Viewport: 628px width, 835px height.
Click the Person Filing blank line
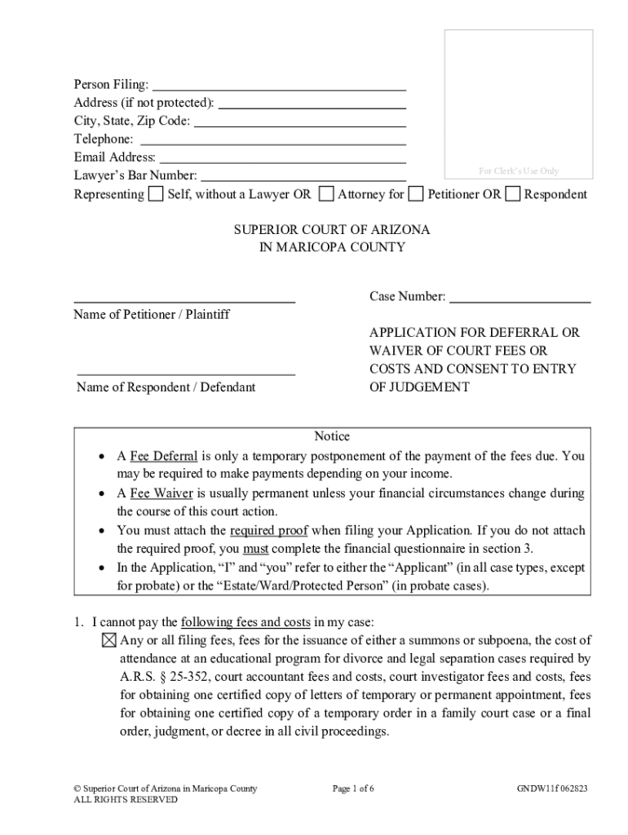(x=279, y=86)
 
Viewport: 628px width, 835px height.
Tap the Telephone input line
(x=273, y=141)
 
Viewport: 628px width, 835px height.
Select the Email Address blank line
(x=282, y=159)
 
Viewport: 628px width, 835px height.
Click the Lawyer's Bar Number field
(x=303, y=177)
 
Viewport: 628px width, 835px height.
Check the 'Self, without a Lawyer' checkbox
(x=156, y=194)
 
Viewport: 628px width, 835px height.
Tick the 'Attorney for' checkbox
(x=326, y=194)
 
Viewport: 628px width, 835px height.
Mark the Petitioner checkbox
(x=416, y=194)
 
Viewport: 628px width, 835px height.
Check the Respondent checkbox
(x=513, y=194)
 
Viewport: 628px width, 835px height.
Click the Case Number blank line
(x=520, y=299)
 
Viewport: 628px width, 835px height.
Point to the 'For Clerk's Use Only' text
(x=518, y=171)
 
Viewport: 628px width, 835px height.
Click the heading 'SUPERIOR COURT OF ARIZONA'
(x=332, y=230)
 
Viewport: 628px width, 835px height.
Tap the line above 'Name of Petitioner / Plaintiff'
(x=185, y=301)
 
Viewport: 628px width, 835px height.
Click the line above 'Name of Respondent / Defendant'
(x=185, y=373)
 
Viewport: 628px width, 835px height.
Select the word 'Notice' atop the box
(x=332, y=436)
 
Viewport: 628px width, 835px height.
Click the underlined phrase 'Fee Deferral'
(x=163, y=457)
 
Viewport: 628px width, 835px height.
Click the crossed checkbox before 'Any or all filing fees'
(x=110, y=640)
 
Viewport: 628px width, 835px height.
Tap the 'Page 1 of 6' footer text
(x=353, y=789)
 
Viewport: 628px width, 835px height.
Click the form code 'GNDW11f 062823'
(x=551, y=789)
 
